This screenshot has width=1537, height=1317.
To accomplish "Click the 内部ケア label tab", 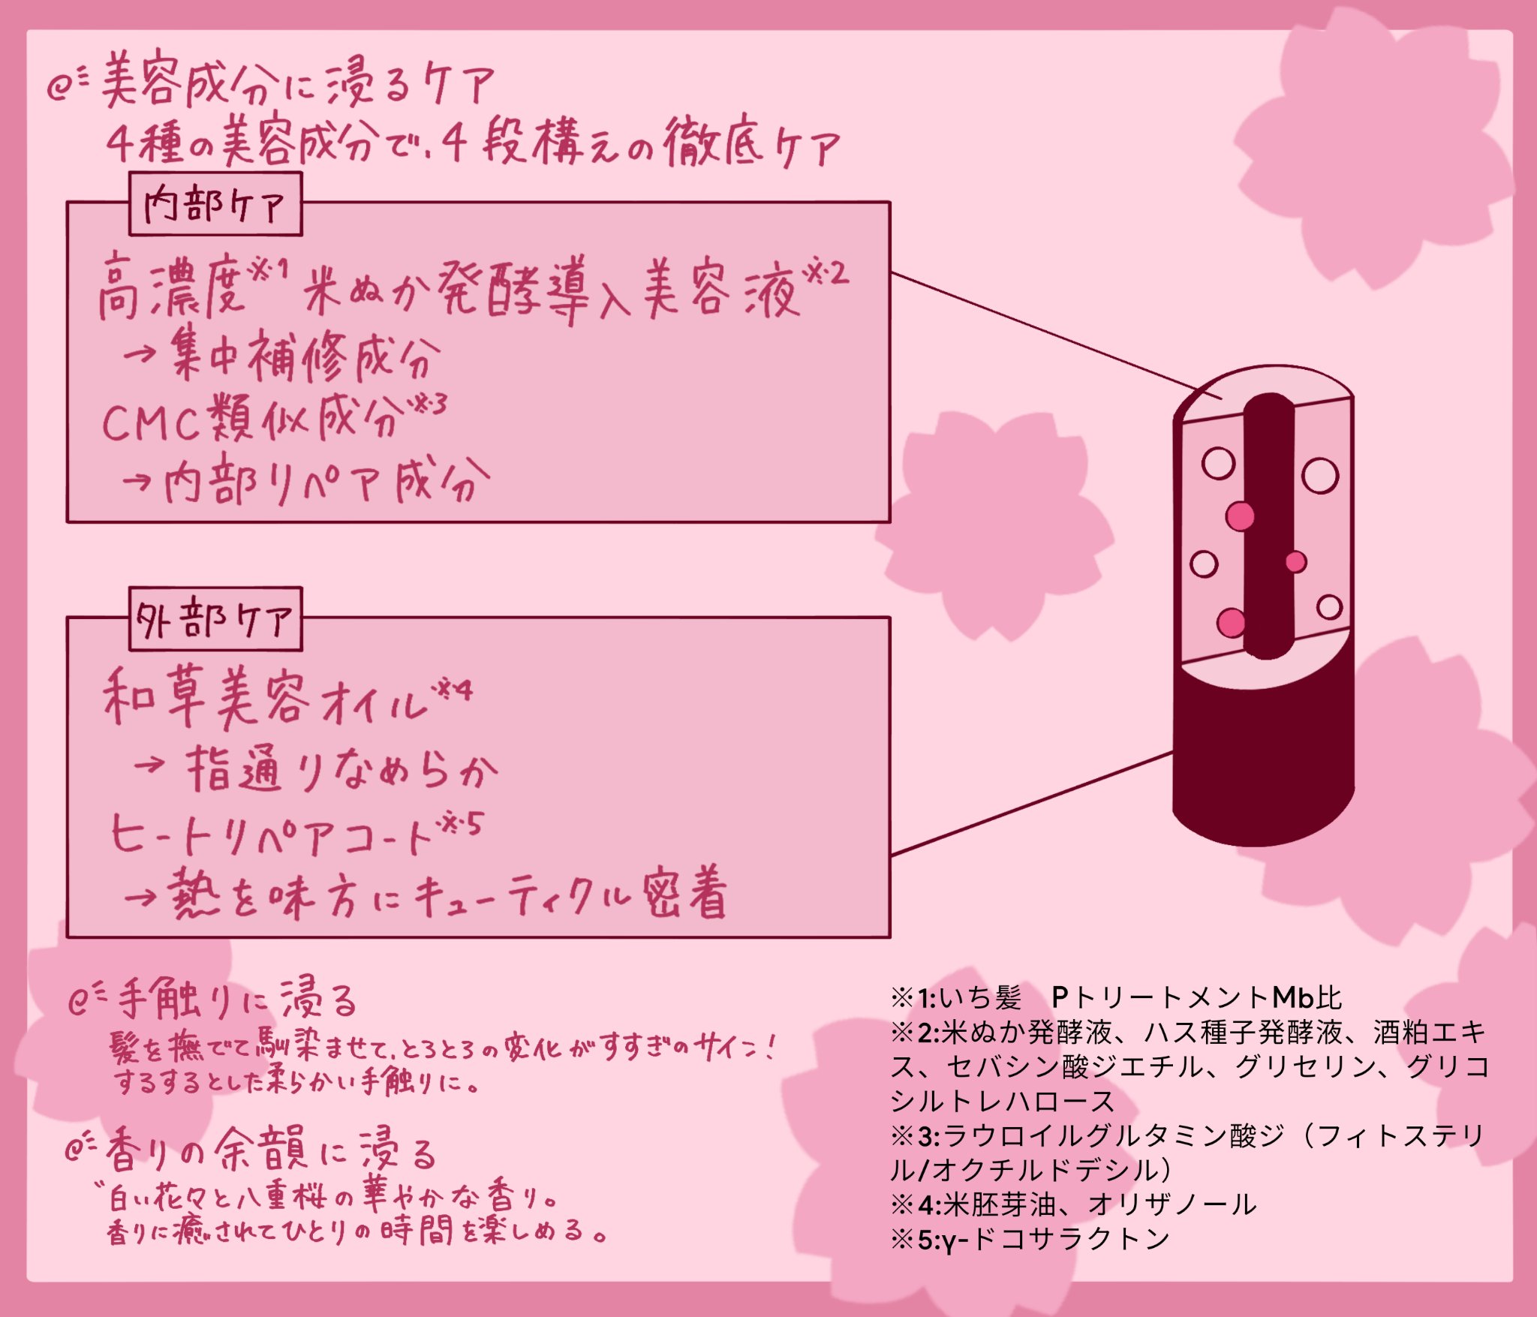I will click(x=215, y=204).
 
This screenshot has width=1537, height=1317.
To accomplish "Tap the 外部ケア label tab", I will click(x=215, y=620).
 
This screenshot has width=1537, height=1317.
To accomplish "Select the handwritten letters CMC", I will click(x=150, y=423).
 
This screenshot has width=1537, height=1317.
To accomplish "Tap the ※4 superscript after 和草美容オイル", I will click(x=455, y=689).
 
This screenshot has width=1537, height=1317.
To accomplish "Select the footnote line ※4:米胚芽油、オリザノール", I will click(x=1073, y=1204).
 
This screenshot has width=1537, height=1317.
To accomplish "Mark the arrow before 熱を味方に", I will click(x=140, y=896).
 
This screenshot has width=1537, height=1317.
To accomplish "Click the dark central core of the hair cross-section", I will click(x=1269, y=525).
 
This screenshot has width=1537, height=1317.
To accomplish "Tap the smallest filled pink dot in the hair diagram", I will click(x=1295, y=561).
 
